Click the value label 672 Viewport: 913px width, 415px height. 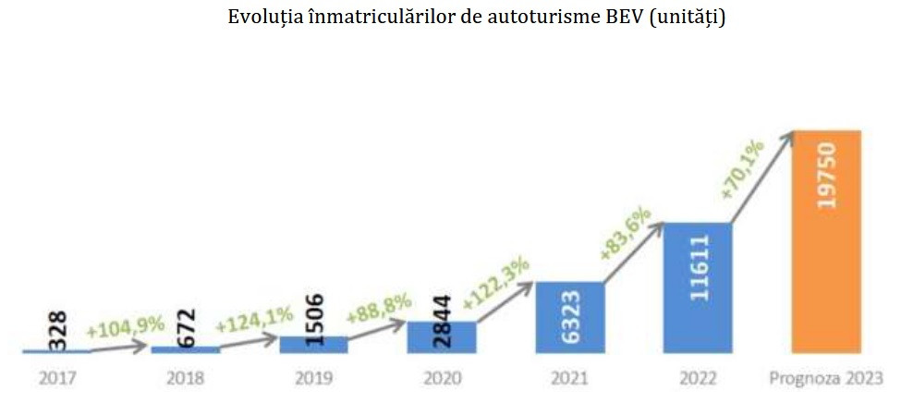(x=184, y=326)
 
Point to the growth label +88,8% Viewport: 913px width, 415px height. (x=376, y=308)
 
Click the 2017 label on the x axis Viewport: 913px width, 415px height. (x=56, y=378)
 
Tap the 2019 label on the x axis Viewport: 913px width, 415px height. (x=313, y=378)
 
